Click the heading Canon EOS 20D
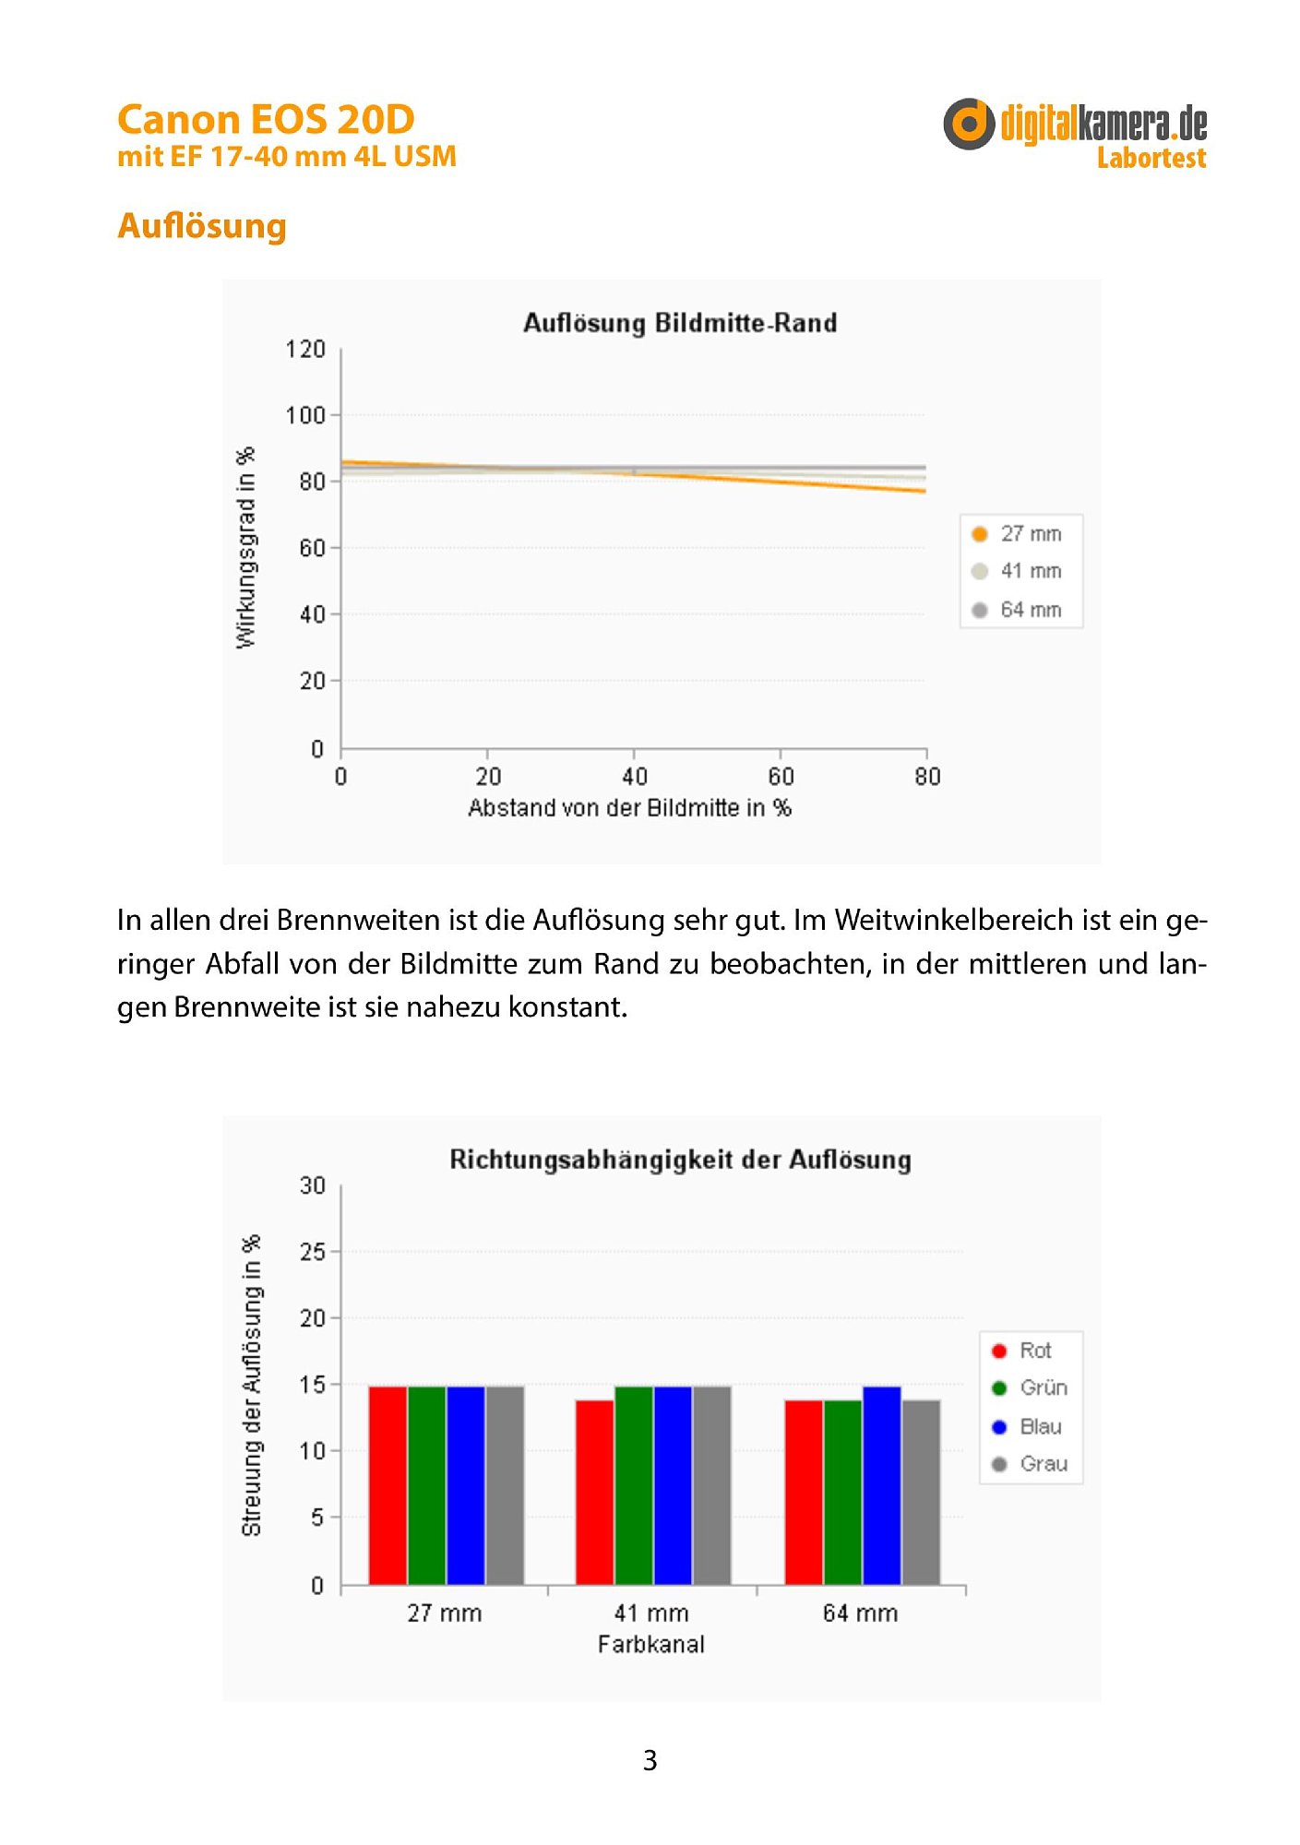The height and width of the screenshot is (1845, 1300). (266, 120)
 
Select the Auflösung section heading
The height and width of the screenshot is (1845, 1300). (202, 226)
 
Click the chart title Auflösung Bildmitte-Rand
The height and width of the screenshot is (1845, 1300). (680, 323)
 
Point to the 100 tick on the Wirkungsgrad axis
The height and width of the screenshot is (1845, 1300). (305, 415)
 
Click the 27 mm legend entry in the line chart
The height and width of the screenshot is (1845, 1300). (1017, 534)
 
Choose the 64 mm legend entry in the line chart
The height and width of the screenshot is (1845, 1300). (1017, 610)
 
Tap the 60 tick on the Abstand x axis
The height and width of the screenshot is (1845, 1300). (781, 777)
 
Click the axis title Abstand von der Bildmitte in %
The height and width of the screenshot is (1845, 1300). (629, 808)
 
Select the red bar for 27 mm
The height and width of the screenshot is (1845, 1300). (388, 1485)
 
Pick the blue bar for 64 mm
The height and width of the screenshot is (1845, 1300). (882, 1485)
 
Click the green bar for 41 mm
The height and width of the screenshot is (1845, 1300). (634, 1485)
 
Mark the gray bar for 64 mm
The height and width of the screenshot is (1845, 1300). (922, 1492)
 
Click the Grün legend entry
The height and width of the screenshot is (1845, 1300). (1030, 1388)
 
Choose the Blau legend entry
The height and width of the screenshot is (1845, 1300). (1027, 1427)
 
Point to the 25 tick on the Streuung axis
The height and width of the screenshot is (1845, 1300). (313, 1252)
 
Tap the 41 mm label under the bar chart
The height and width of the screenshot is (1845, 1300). (651, 1613)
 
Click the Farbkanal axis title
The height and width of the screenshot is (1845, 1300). (651, 1645)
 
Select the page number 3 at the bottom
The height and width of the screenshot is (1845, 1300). (650, 1760)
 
